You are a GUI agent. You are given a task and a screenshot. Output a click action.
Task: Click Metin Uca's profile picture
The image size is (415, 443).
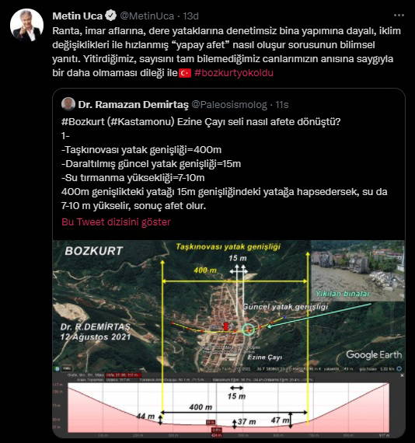tap(26, 26)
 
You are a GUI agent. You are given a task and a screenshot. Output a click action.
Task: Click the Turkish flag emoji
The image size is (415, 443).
tap(185, 72)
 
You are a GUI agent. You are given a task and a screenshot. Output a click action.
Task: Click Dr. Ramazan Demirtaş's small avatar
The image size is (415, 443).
tap(68, 103)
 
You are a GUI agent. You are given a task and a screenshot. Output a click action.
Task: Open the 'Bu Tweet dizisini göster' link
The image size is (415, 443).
tap(116, 222)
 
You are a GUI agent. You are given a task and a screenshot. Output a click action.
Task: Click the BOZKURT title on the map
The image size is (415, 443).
tap(94, 252)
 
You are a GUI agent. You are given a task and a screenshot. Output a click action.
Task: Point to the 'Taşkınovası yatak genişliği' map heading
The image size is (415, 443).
tap(228, 246)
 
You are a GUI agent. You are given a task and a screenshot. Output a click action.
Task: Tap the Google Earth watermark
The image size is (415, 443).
tap(373, 354)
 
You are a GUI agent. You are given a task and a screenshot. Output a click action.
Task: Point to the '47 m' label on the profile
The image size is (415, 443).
tap(281, 420)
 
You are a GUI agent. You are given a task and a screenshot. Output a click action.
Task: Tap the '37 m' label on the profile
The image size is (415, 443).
tap(246, 422)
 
